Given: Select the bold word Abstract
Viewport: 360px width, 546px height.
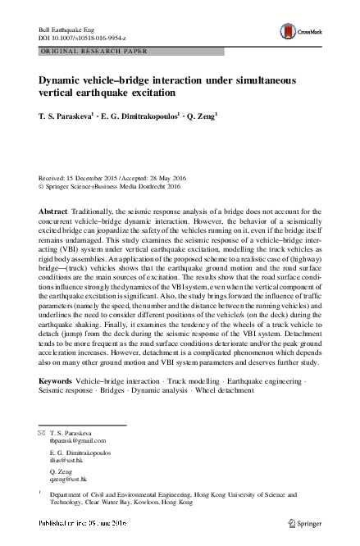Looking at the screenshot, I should (x=53, y=211).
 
